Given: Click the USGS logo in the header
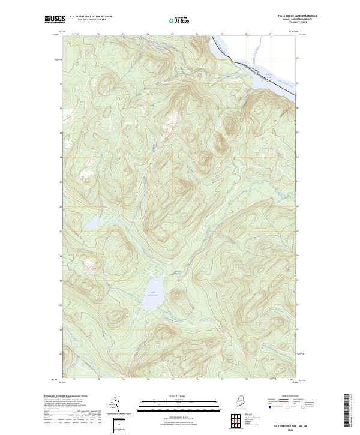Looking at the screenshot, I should pos(55,19).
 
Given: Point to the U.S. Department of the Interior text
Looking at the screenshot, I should pos(91,16).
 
